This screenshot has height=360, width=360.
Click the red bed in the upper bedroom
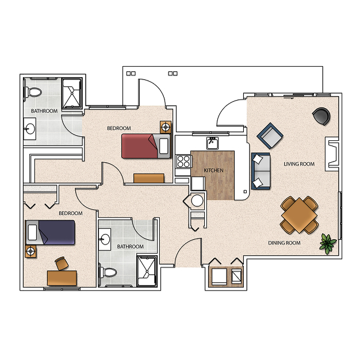click(x=146, y=146)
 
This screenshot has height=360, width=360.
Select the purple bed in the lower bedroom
click(x=50, y=232)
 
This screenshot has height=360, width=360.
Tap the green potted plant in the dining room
click(x=328, y=244)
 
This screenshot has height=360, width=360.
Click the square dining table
click(x=299, y=215)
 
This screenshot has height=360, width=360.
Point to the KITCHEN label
click(x=213, y=170)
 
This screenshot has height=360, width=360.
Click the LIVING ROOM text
click(x=299, y=164)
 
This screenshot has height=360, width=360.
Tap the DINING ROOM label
click(x=284, y=243)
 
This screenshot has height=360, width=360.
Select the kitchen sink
click(x=212, y=143)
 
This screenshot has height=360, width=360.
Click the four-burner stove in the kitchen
click(x=183, y=161)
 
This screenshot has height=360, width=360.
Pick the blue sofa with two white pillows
click(x=261, y=171)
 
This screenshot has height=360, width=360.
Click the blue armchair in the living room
click(x=270, y=136)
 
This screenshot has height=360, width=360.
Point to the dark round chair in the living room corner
click(x=321, y=116)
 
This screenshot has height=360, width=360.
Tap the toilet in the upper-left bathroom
click(x=33, y=92)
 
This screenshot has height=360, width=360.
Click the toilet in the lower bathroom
click(x=108, y=273)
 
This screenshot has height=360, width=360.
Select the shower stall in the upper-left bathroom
click(x=72, y=93)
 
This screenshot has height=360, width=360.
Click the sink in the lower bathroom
click(x=105, y=239)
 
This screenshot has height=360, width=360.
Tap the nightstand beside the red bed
click(x=166, y=127)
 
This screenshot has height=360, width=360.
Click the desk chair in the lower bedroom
click(x=62, y=263)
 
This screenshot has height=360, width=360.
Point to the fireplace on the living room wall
click(x=332, y=154)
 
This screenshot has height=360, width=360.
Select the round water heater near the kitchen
click(x=197, y=201)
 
